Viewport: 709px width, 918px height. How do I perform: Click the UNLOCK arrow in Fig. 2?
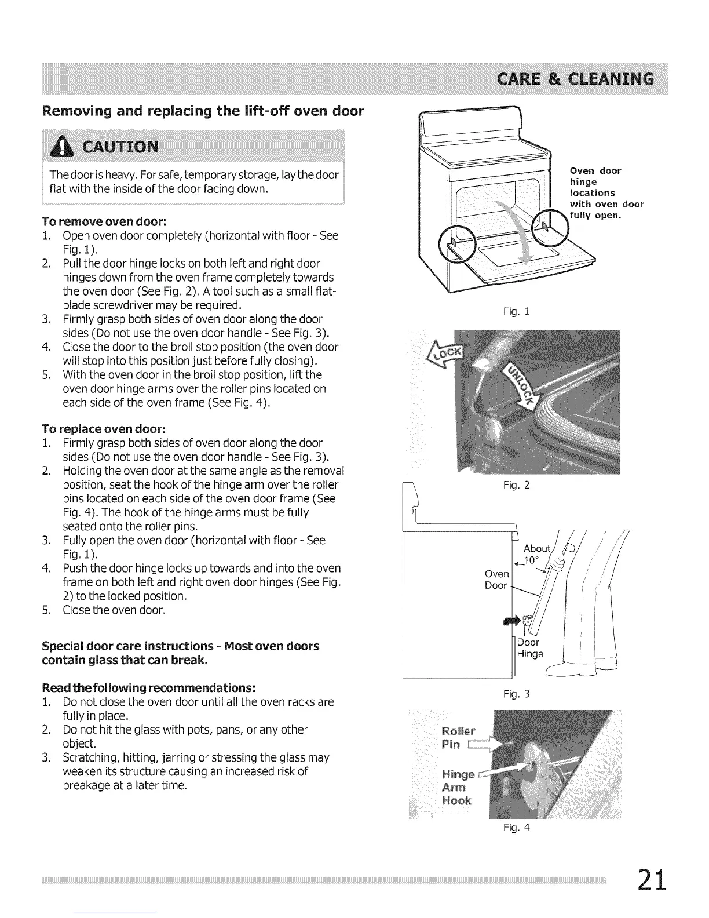(521, 385)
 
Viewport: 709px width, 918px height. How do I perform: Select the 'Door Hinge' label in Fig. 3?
(529, 648)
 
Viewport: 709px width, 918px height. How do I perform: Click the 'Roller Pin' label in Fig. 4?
(458, 737)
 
